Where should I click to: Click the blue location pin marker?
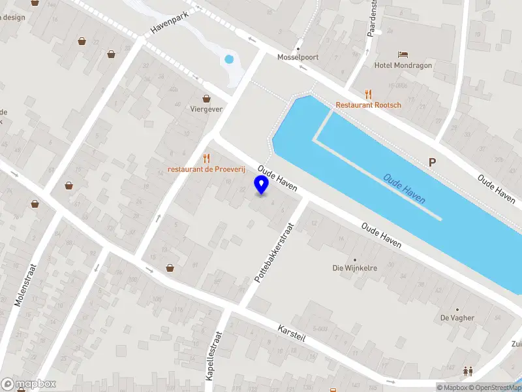click(262, 186)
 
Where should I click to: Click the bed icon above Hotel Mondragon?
click(404, 54)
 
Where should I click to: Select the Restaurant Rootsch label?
click(369, 105)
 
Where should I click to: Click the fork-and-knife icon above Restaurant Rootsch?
click(369, 93)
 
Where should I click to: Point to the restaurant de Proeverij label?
click(206, 169)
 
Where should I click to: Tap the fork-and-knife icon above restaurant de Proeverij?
click(206, 157)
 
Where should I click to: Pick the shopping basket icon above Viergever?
click(207, 98)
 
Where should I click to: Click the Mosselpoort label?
click(298, 57)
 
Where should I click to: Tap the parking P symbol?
click(431, 162)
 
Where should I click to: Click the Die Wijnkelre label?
click(356, 268)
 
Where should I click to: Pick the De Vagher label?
click(457, 318)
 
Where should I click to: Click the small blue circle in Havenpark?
click(228, 59)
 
